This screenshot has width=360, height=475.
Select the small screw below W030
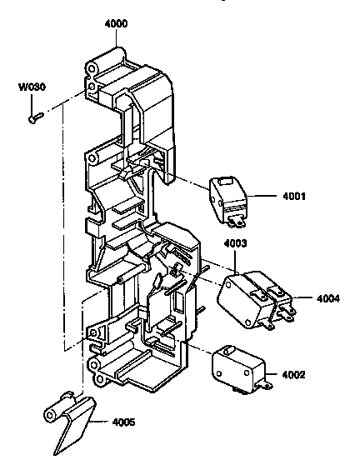point(35,117)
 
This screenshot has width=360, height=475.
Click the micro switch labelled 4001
point(227,197)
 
